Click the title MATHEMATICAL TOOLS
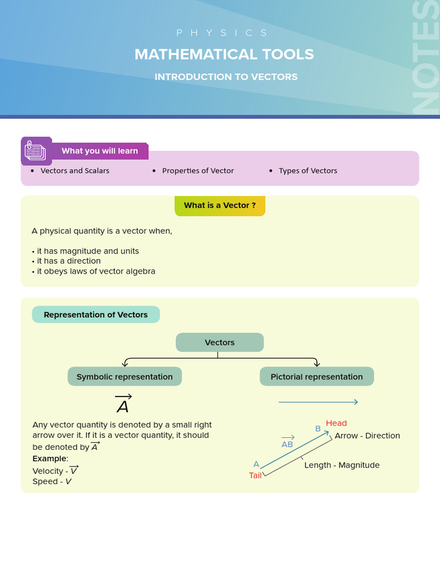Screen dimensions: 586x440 (224, 54)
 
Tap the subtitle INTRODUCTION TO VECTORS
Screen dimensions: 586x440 (226, 77)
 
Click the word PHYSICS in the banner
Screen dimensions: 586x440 (222, 33)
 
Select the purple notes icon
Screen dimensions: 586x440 (36, 152)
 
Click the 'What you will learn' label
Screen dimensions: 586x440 (100, 151)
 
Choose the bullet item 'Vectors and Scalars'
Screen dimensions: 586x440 (74, 171)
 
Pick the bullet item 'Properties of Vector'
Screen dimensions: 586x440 (198, 171)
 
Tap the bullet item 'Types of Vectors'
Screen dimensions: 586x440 (308, 171)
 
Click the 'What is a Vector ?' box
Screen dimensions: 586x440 (220, 205)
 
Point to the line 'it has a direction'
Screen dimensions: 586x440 (69, 261)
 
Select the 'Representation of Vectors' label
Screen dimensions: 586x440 (96, 315)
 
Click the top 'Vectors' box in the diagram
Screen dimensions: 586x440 (219, 342)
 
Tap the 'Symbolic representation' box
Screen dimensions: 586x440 (124, 377)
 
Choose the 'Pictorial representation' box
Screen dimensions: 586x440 (316, 377)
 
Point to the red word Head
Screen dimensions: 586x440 (336, 423)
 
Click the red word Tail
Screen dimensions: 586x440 (255, 476)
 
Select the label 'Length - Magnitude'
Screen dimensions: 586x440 (341, 465)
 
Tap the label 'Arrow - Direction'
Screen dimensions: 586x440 (367, 435)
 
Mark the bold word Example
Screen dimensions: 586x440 (50, 458)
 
